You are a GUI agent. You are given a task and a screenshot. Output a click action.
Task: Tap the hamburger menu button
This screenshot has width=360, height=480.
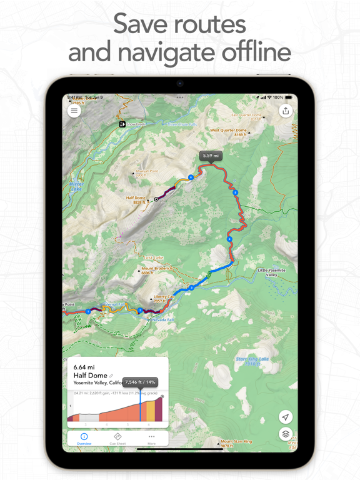tap(74, 111)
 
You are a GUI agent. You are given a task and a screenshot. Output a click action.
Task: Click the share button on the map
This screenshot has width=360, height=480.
tap(286, 111)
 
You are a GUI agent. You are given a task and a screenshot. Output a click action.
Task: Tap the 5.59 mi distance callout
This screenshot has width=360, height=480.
tap(211, 156)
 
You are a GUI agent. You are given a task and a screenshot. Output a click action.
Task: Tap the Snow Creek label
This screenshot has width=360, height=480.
tap(135, 124)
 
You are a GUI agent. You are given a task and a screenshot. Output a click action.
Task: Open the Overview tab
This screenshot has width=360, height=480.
tap(84, 439)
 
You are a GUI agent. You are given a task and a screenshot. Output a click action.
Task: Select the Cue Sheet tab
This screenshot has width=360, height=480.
tap(117, 439)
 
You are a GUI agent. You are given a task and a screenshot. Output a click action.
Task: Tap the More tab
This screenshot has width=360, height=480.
tap(151, 439)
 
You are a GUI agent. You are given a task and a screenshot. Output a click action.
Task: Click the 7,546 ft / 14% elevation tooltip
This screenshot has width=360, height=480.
tap(141, 382)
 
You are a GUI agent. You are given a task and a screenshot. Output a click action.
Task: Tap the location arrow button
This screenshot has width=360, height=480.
tap(286, 417)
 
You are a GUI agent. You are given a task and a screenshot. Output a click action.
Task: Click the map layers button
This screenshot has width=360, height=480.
tap(286, 434)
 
